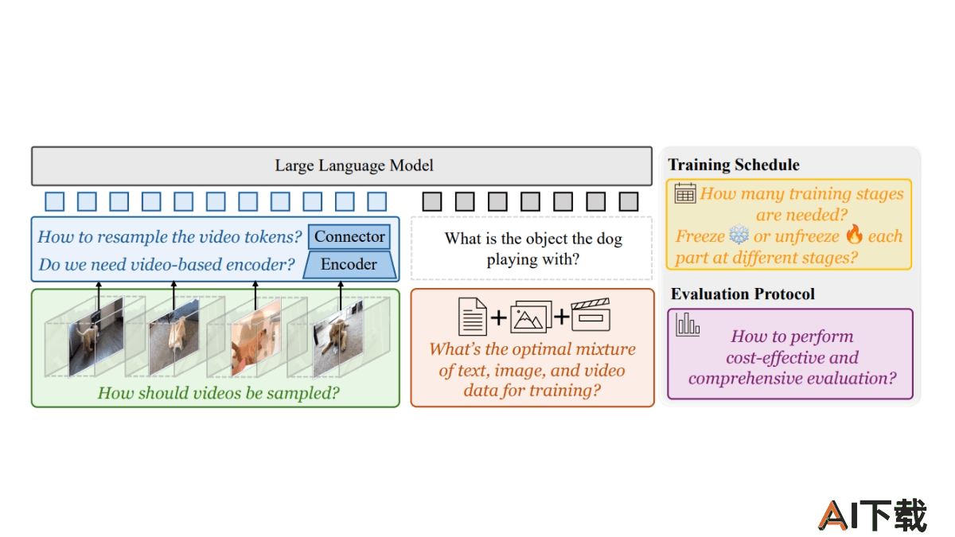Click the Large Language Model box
click(x=341, y=166)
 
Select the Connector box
click(x=349, y=236)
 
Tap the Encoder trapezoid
click(x=349, y=265)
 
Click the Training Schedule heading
click(x=733, y=165)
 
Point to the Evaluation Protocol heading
click(x=743, y=294)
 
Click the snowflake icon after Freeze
click(x=739, y=234)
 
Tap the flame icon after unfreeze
click(x=855, y=234)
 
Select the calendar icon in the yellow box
click(x=685, y=193)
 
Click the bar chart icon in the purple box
click(x=688, y=325)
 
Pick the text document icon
click(x=473, y=317)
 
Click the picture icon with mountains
click(x=531, y=317)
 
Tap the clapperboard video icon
click(x=591, y=314)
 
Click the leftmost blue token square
click(x=55, y=201)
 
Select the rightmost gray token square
click(x=629, y=201)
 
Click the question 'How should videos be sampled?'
click(x=218, y=393)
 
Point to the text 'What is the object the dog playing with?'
click(x=533, y=248)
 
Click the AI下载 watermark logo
click(x=872, y=516)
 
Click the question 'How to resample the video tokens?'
click(x=170, y=237)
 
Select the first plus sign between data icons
click(x=498, y=317)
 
